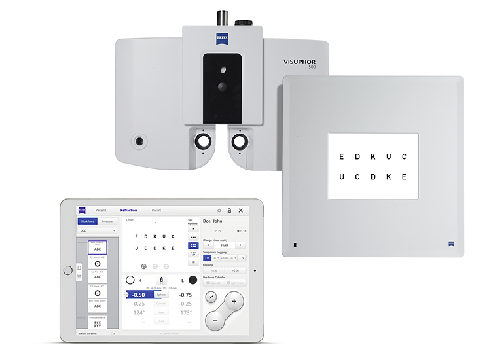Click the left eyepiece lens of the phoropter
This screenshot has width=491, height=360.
[203, 140]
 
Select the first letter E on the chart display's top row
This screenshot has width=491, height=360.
[340, 156]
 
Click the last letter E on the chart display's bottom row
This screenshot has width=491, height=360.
[405, 177]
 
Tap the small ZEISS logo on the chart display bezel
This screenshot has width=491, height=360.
[452, 244]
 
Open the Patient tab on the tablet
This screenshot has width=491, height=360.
[101, 210]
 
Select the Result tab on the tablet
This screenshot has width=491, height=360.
[156, 210]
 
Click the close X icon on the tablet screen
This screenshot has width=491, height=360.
[240, 210]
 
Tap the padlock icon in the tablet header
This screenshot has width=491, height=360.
[229, 210]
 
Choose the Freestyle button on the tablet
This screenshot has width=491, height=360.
[107, 222]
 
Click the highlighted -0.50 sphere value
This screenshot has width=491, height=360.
[139, 295]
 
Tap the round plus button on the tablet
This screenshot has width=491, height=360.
[234, 302]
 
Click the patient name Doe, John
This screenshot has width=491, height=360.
[213, 221]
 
